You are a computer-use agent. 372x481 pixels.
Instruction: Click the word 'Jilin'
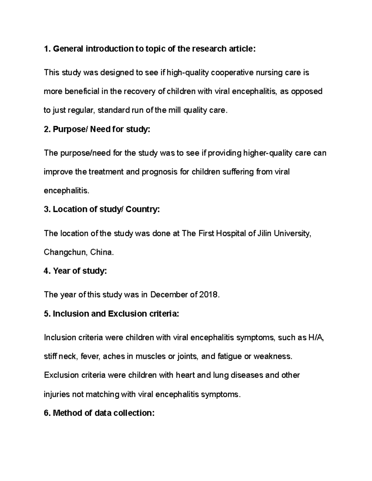pyautogui.click(x=264, y=233)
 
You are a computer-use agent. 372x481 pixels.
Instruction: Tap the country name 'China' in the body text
pyautogui.click(x=102, y=252)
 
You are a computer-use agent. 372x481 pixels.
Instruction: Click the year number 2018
pyautogui.click(x=210, y=295)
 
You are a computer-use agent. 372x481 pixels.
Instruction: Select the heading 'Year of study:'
pyautogui.click(x=75, y=271)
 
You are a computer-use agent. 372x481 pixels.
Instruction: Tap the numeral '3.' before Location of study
pyautogui.click(x=47, y=209)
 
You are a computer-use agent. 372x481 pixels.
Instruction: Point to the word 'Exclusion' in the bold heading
pyautogui.click(x=127, y=314)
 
